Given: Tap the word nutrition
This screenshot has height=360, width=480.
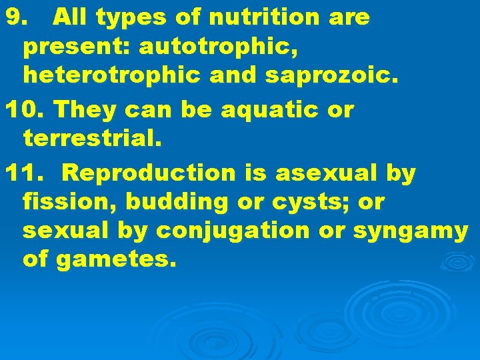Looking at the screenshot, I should click(270, 18).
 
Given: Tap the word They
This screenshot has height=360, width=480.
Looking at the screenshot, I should click(82, 109).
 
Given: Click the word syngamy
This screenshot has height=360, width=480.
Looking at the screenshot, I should click(410, 232).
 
